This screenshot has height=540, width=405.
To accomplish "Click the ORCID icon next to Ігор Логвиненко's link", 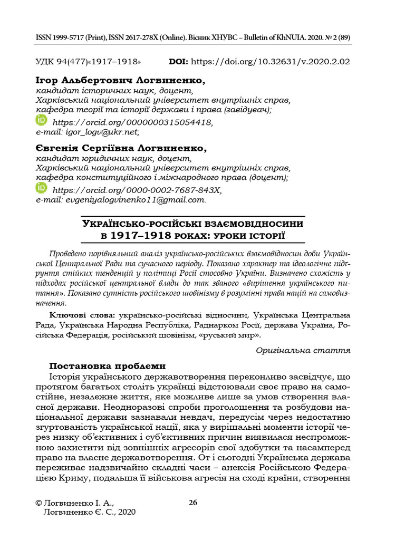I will (41, 120).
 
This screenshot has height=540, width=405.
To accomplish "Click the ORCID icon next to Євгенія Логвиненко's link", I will (41, 188).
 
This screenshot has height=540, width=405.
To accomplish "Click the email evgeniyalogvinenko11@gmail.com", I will (134, 200).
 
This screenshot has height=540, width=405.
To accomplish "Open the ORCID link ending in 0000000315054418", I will (133, 122).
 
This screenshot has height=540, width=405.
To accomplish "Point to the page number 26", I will (193, 502).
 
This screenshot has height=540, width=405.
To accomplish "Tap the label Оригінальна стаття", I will (303, 350).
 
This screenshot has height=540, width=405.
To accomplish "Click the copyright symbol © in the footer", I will (37, 503).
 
